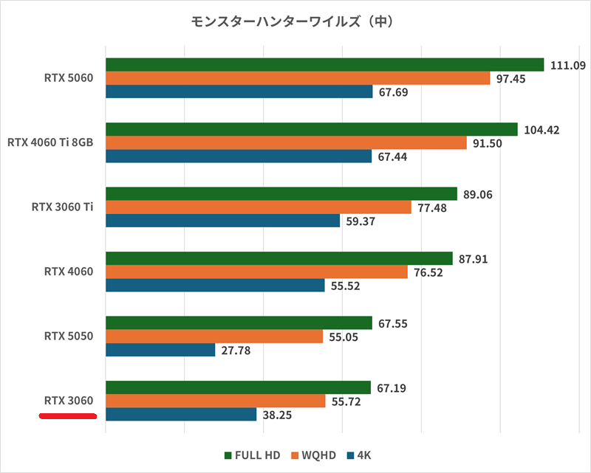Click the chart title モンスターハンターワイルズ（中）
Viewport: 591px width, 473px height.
pos(295,22)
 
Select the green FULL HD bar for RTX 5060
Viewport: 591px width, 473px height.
pos(325,65)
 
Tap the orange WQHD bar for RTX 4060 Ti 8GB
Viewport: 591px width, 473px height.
pos(286,143)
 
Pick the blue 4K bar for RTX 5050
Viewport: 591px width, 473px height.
pos(160,351)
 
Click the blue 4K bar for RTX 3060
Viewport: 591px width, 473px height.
pos(181,415)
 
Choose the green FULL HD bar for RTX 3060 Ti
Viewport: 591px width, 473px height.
pos(281,194)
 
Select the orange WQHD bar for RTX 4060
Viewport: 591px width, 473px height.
pos(256,272)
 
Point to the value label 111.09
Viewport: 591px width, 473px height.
pos(568,65)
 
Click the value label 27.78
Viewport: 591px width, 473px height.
pos(236,351)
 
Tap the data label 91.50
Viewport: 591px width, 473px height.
pos(487,143)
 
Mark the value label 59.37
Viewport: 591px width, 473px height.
pos(360,221)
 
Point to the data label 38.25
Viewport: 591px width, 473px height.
pos(277,415)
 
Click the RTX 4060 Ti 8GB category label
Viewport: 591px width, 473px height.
pos(50,142)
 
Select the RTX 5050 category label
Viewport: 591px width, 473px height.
pos(67,336)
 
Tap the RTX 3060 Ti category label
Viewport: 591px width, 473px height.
pos(62,207)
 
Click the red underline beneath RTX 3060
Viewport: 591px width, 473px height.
pos(67,416)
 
